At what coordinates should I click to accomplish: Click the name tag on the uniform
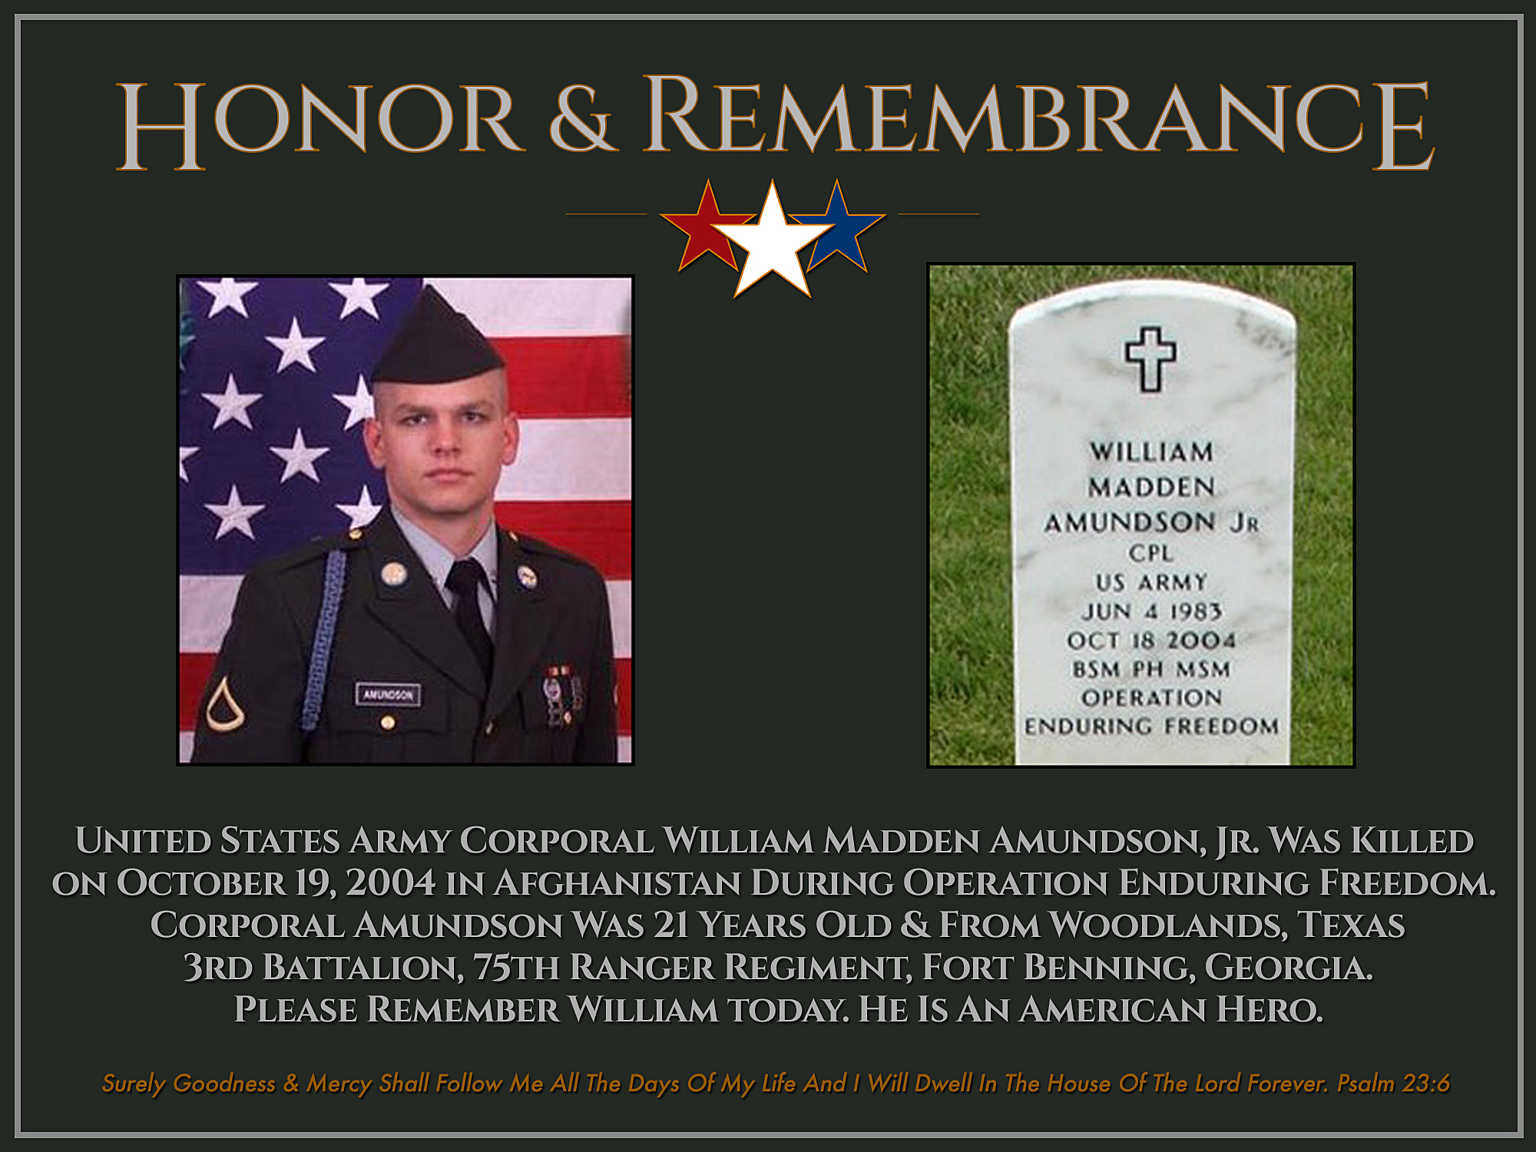388,694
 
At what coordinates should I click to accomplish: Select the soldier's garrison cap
437,338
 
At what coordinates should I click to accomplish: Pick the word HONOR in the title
319,124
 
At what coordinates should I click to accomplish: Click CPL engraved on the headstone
1150,553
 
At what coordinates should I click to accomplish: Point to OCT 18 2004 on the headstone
1150,640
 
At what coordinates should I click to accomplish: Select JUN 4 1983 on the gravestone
1151,611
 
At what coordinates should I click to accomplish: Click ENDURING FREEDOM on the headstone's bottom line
1151,726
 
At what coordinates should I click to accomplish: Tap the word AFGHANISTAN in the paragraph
617,883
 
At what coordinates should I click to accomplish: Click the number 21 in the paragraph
670,925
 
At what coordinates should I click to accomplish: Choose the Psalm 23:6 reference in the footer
1393,1083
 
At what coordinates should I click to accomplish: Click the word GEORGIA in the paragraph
1288,968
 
